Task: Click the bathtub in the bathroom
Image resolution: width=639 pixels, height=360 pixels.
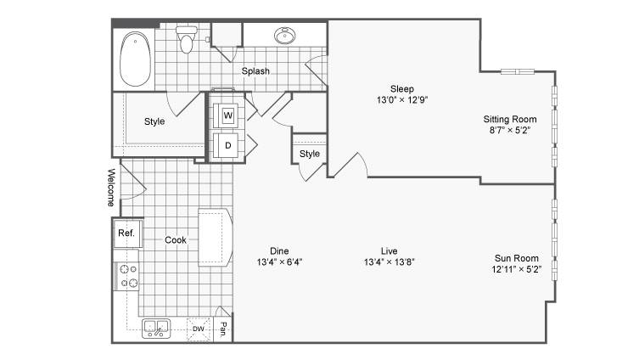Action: [x=135, y=59]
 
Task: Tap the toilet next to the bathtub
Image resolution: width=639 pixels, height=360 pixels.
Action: [x=186, y=39]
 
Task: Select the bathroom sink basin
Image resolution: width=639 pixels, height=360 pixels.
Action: [x=284, y=36]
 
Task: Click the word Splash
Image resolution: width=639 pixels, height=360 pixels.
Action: [x=255, y=71]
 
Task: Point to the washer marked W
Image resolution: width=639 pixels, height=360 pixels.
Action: [x=227, y=115]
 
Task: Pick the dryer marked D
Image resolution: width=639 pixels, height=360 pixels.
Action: [x=227, y=145]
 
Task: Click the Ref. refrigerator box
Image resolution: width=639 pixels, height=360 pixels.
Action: [x=127, y=233]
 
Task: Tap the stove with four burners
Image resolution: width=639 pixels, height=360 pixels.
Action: [x=126, y=276]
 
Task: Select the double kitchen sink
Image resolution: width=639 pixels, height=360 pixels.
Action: [x=156, y=329]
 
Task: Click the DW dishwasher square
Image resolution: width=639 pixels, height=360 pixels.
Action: [x=199, y=329]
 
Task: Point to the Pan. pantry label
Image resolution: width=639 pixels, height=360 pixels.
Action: [x=223, y=329]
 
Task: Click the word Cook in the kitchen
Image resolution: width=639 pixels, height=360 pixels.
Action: [x=176, y=240]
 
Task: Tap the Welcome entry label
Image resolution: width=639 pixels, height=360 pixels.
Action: [x=111, y=188]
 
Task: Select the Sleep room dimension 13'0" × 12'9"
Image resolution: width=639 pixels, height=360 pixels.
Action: [x=402, y=100]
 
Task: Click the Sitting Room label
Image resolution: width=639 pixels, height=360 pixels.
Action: [x=510, y=120]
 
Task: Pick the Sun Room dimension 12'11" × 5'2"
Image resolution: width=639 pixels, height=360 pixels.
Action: [x=516, y=269]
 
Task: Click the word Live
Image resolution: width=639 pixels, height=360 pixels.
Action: [x=390, y=251]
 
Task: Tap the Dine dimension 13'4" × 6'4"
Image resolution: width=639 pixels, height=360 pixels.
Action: [x=279, y=262]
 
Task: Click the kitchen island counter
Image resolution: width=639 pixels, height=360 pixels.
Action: [x=216, y=238]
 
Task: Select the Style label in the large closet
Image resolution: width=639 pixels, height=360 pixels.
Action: [x=154, y=121]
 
